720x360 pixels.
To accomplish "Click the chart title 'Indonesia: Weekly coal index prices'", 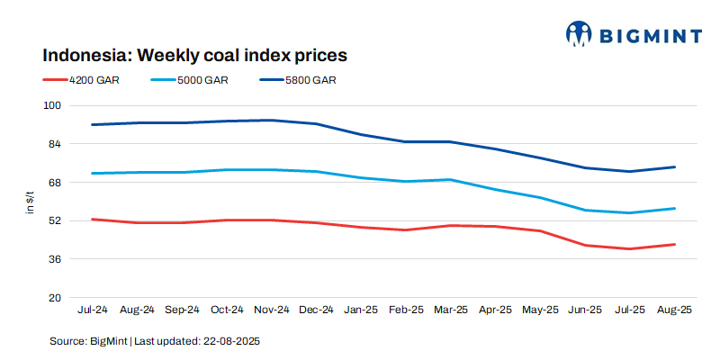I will tap(195, 55).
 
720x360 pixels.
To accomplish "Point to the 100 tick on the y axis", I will tap(51, 105).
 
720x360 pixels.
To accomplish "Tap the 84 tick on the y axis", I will tap(54, 144).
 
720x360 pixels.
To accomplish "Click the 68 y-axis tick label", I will tap(54, 183).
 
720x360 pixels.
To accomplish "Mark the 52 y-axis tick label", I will tap(54, 220).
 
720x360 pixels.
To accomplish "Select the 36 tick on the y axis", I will tap(54, 259).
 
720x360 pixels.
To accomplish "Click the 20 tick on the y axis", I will tap(54, 298).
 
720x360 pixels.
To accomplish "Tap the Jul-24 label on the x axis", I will tap(93, 310).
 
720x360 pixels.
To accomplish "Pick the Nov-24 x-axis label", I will tap(272, 310).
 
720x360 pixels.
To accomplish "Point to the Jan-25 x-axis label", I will tap(361, 310).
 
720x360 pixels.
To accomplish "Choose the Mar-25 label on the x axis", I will tap(450, 310).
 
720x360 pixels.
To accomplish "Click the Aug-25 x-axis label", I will tap(674, 310).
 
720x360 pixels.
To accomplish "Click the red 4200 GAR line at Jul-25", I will tap(630, 248).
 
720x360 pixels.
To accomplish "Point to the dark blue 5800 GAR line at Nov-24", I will tap(272, 120).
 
